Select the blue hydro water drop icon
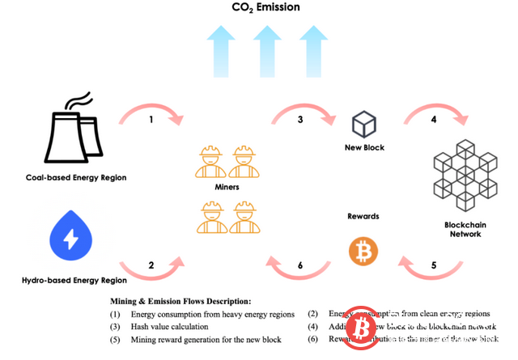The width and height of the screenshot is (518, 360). (72, 235)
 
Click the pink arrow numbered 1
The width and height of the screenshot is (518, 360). (153, 118)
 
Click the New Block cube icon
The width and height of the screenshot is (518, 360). (363, 125)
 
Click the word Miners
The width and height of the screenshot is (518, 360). (227, 187)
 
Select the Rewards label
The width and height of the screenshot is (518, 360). (363, 216)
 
